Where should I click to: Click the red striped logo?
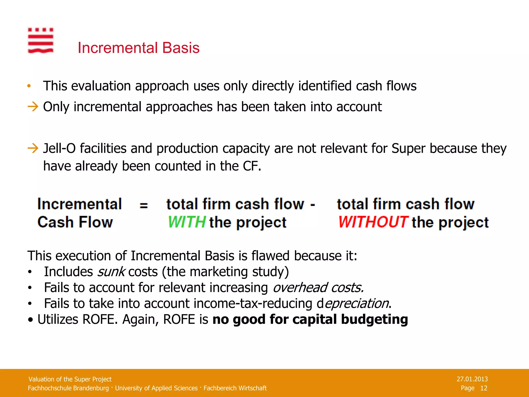click(41, 41)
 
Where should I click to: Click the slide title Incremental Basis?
click(138, 48)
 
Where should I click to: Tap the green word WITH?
click(186, 222)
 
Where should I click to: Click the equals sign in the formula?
click(144, 205)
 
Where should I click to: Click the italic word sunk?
click(111, 272)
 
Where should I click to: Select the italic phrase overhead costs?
click(318, 288)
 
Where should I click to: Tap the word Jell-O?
click(59, 149)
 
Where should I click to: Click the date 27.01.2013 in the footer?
click(472, 379)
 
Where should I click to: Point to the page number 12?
click(484, 388)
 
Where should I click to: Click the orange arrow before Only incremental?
click(33, 106)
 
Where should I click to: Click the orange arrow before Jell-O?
click(33, 148)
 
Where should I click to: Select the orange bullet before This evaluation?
click(29, 86)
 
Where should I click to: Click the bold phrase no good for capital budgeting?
click(310, 319)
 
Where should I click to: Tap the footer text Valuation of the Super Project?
click(70, 379)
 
